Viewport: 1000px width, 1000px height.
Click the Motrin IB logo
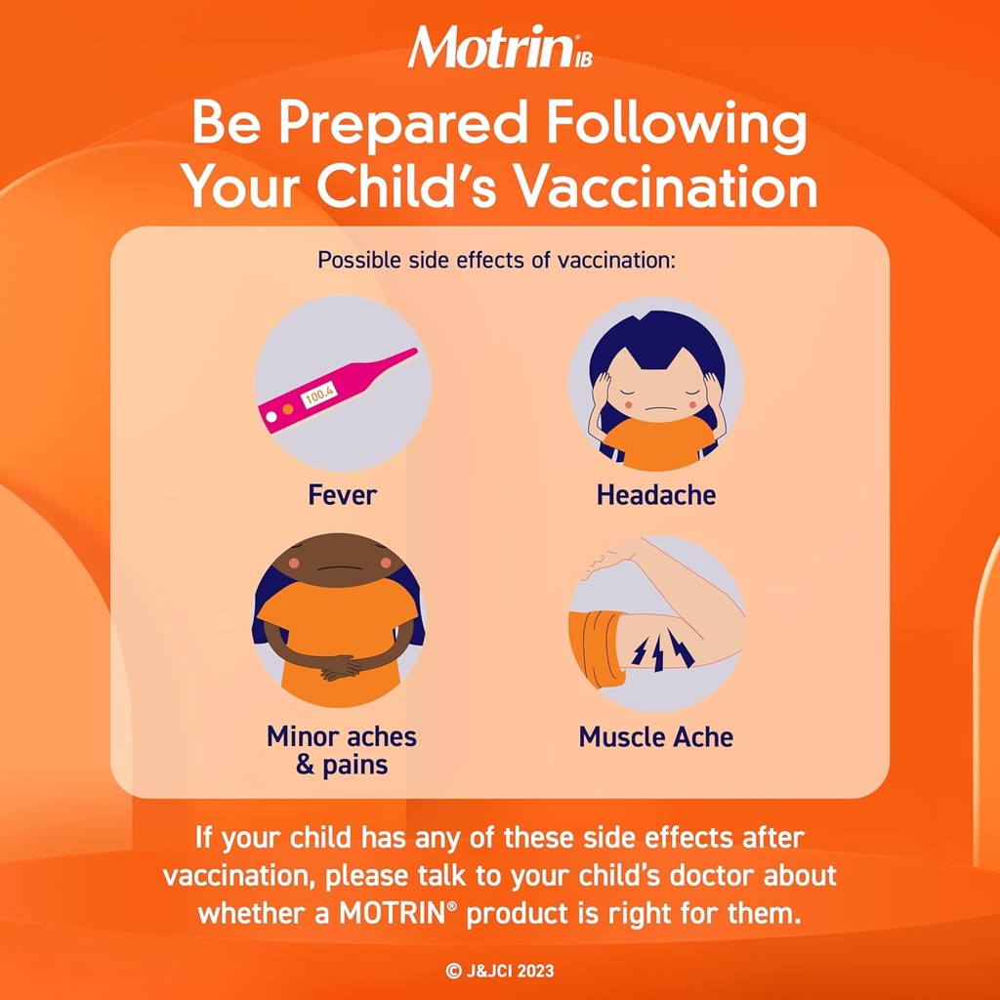pos(499,47)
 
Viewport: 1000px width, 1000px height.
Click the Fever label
pos(342,495)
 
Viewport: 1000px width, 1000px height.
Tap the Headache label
pos(655,495)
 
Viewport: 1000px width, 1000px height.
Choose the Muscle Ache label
pos(655,736)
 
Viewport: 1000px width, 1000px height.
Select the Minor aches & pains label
pos(342,749)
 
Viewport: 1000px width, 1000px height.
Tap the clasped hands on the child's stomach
pos(342,668)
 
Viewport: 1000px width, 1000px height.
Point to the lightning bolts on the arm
pos(662,650)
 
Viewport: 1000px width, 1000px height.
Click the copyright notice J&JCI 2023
pos(499,971)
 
